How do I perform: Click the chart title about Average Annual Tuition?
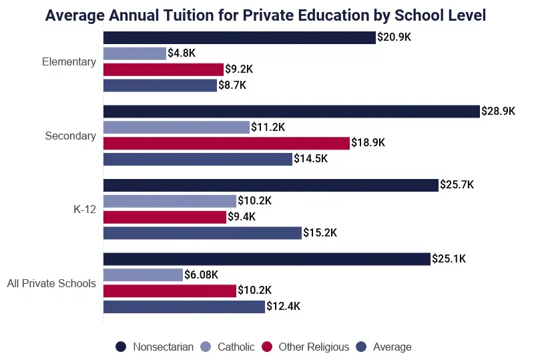point(265,15)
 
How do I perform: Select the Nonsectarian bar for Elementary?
point(239,37)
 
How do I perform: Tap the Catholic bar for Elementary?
point(134,53)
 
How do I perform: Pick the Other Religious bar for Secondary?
point(226,143)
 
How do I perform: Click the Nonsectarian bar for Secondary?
point(292,112)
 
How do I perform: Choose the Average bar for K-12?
point(202,232)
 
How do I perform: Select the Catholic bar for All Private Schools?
point(143,275)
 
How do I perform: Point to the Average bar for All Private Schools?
point(184,307)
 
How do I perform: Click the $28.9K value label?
point(499,112)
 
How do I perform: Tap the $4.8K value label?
point(182,53)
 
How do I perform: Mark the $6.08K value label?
point(202,275)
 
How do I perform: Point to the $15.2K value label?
point(320,232)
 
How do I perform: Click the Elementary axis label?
point(69,61)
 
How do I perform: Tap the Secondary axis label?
point(70,136)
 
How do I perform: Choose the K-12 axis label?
point(85,209)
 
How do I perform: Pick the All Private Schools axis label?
point(51,283)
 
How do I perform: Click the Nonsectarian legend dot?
point(121,347)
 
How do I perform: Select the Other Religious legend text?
point(314,347)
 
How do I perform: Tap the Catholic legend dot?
point(206,347)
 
